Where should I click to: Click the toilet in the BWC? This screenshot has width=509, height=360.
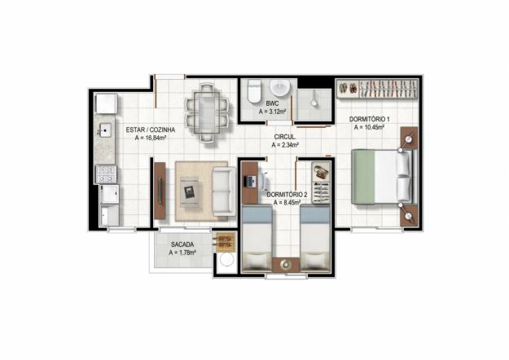[254, 90]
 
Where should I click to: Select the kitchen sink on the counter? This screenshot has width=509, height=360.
[105, 130]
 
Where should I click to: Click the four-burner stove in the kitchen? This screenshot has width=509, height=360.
[106, 174]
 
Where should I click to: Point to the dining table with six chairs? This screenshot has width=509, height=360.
[207, 112]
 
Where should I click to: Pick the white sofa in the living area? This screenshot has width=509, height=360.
[224, 191]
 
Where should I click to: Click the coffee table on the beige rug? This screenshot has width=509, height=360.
[190, 192]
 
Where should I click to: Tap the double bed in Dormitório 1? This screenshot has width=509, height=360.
[383, 177]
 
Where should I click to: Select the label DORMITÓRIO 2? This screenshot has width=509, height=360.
[287, 195]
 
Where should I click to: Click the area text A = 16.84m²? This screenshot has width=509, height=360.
[151, 138]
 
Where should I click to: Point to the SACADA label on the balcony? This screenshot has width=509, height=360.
[182, 244]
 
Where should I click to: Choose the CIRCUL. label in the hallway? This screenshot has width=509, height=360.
[285, 137]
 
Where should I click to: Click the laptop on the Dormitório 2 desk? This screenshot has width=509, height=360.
[249, 181]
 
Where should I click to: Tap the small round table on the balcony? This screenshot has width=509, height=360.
[226, 260]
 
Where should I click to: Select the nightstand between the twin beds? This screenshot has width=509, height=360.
[286, 265]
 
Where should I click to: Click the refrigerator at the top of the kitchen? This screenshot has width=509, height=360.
[106, 103]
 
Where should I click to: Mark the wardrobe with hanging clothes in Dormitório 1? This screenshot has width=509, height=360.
[377, 88]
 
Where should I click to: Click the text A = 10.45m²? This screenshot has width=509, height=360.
[370, 128]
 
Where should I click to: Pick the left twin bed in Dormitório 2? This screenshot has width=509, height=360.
[257, 239]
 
